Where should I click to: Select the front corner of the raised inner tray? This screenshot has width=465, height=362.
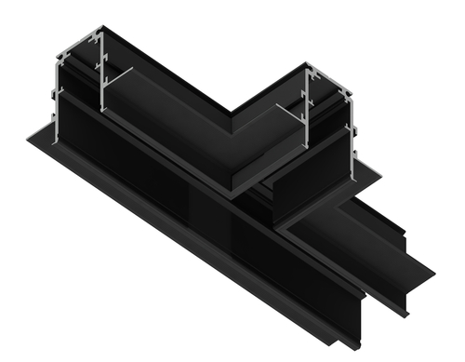[x=232, y=192]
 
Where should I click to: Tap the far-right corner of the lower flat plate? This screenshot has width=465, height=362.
[x=433, y=275]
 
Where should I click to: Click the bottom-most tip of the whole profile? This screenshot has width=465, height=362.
[x=359, y=349]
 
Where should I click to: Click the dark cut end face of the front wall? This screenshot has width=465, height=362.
[x=354, y=316]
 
